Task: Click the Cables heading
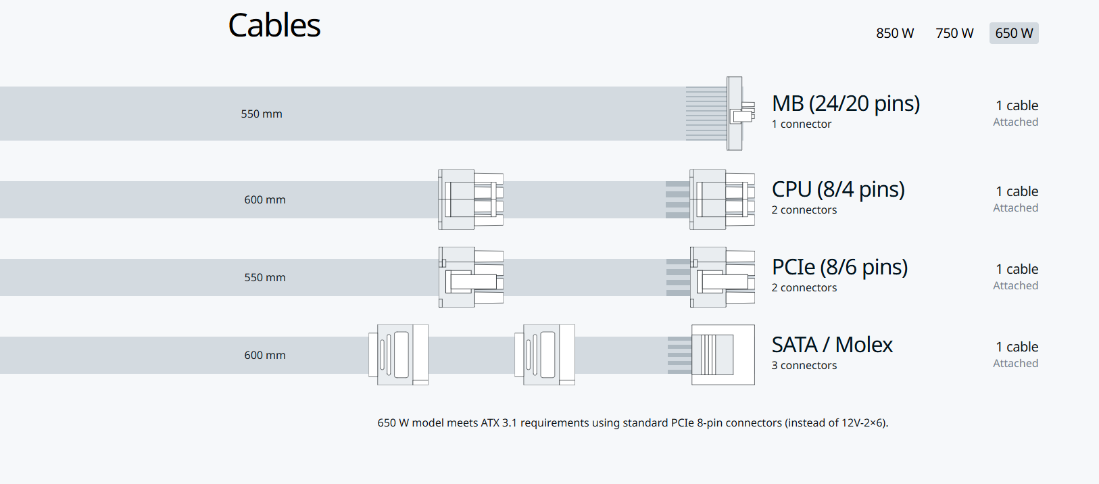[274, 25]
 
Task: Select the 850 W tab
[895, 33]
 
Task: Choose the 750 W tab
[954, 33]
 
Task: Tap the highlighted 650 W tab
[1014, 33]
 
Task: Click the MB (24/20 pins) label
[846, 103]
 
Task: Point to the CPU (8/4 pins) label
[838, 189]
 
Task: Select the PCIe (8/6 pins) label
[840, 267]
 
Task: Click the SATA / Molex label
[832, 345]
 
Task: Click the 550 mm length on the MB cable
[262, 114]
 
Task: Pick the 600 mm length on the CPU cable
[265, 200]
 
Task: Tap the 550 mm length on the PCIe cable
[265, 277]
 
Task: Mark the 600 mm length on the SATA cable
[265, 355]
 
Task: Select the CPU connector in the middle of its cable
[470, 199]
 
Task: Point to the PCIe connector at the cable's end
[723, 277]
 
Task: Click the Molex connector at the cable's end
[723, 354]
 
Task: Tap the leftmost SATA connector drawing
[398, 354]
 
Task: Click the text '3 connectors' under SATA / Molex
[804, 365]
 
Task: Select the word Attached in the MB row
[1016, 122]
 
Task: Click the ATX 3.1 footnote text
[633, 422]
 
